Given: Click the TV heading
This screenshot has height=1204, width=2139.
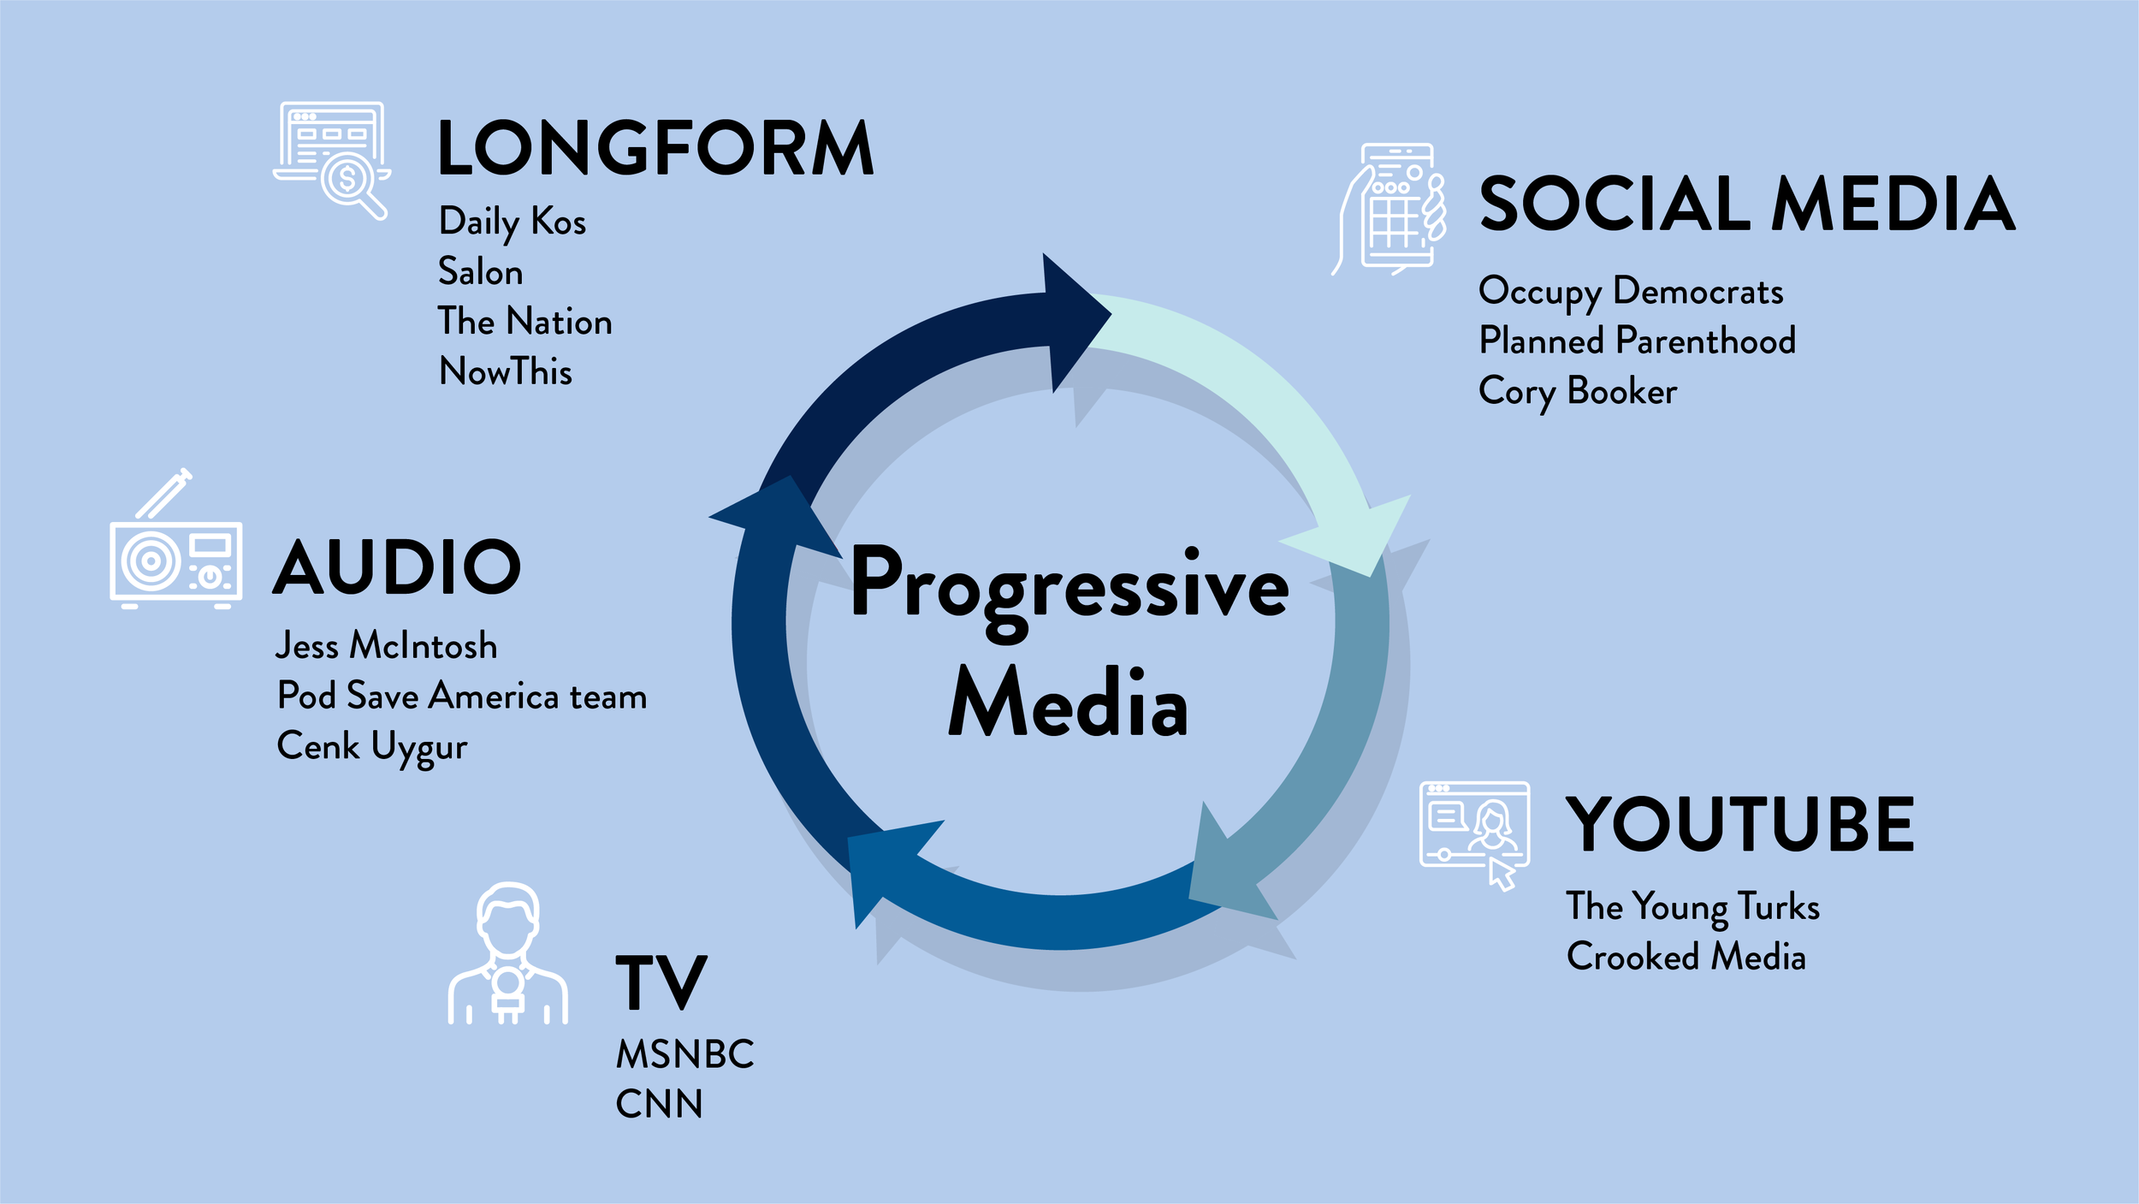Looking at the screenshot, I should point(661,983).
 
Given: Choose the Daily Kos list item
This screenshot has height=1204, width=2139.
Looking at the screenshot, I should point(512,222).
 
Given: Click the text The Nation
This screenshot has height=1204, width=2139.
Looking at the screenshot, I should point(524,322).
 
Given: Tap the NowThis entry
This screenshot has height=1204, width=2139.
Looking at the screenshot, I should point(506,372).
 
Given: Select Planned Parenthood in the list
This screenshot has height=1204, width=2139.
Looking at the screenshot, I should point(1637,341).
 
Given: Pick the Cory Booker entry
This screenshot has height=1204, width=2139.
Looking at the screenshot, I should point(1578,392).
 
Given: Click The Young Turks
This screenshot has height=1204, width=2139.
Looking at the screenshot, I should point(1692,907).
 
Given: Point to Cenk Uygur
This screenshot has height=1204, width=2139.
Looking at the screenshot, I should point(372,747).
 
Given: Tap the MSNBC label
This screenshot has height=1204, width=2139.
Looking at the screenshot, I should point(685,1054).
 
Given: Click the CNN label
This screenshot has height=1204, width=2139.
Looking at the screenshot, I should point(659,1105).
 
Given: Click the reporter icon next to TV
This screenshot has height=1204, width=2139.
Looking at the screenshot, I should point(507,954).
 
